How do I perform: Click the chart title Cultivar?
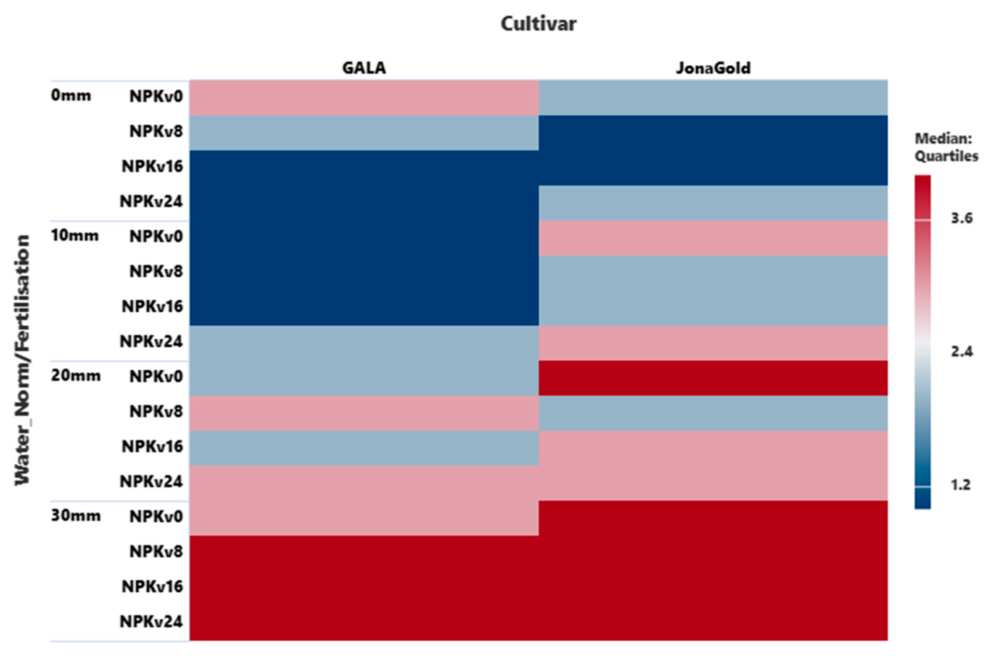click(538, 24)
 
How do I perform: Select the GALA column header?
click(364, 68)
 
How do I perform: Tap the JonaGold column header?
click(713, 68)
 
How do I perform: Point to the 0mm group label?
click(71, 96)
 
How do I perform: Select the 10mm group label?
click(75, 236)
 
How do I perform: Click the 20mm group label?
click(76, 376)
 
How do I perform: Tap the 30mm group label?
click(76, 516)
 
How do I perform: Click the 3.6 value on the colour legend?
click(962, 218)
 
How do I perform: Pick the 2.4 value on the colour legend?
click(962, 351)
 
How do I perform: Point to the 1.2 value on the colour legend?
click(961, 485)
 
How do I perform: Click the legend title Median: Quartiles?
click(946, 148)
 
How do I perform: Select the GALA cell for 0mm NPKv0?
click(364, 98)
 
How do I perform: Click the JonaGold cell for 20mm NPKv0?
click(713, 378)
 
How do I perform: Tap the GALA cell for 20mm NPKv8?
click(364, 413)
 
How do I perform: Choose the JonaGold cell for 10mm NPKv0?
click(713, 238)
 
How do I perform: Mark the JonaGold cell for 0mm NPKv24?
click(713, 203)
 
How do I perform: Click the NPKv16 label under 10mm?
click(152, 306)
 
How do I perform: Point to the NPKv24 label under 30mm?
click(151, 622)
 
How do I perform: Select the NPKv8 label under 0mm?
click(156, 131)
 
